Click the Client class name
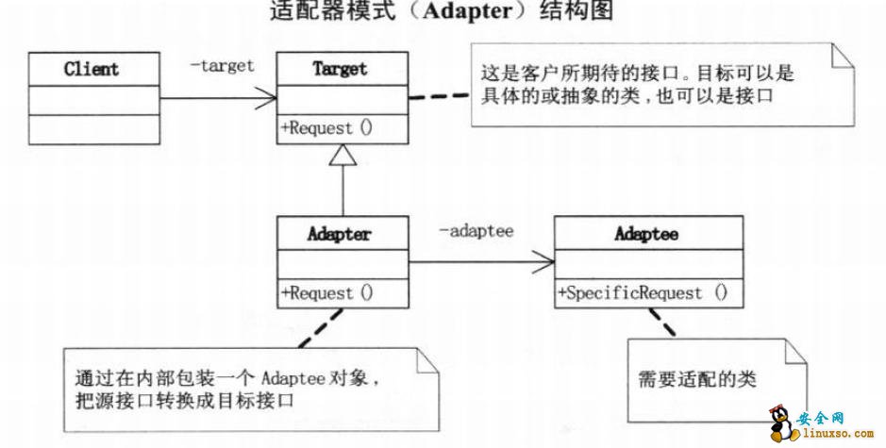point(92,69)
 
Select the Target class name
point(342,69)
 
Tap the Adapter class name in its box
point(342,234)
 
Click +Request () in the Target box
point(326,128)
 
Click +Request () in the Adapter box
point(326,293)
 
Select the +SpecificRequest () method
point(643,293)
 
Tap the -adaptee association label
point(476,231)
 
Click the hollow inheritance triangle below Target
point(343,157)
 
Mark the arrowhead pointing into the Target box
point(266,97)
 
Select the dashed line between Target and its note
point(440,96)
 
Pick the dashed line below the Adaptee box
point(664,326)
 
